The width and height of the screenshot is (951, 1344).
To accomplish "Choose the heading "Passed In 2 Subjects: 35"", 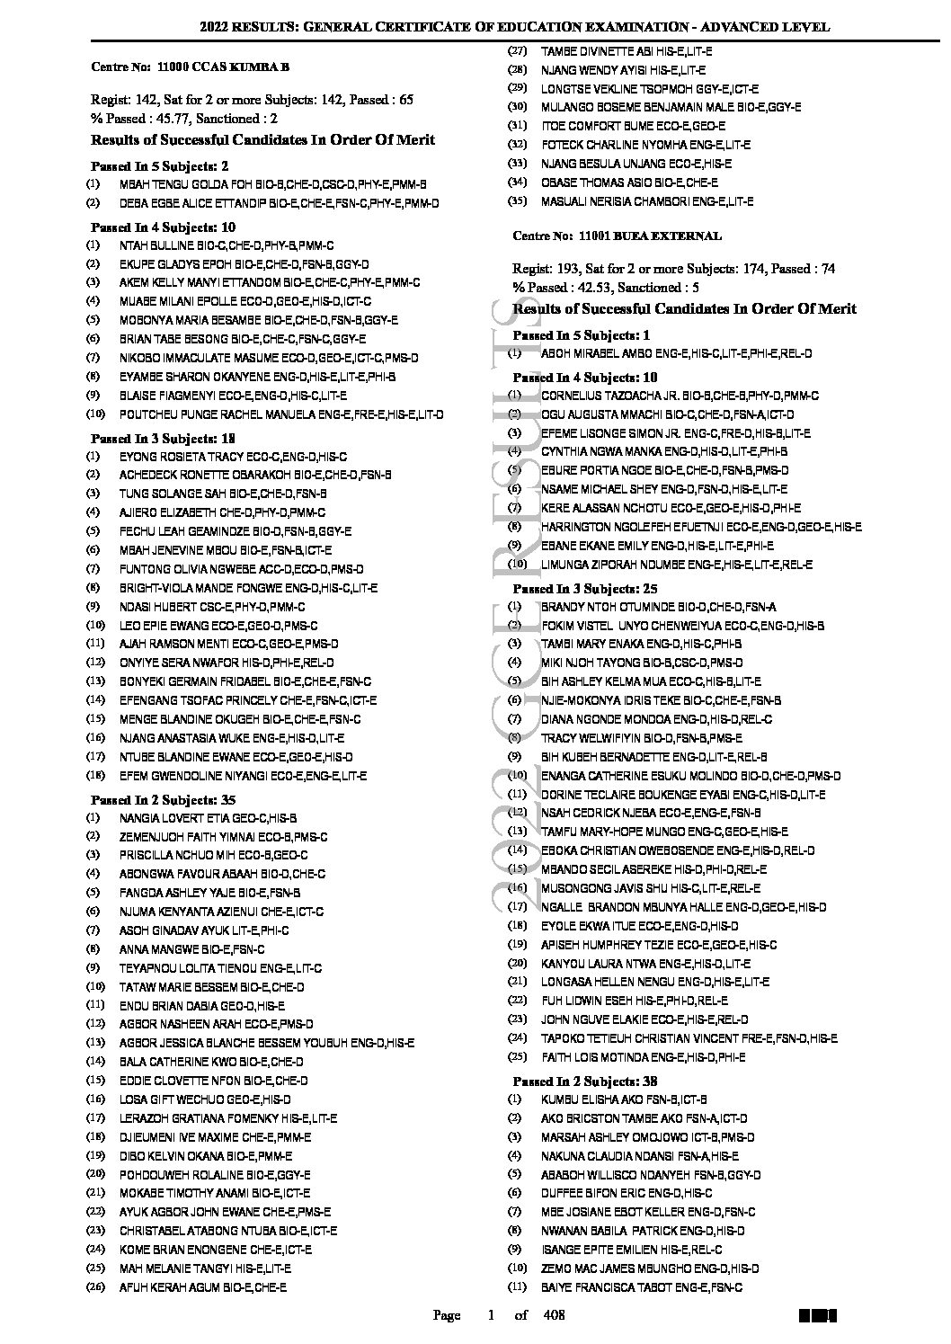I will (x=164, y=800).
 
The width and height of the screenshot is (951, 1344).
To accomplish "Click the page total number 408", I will (x=555, y=1316).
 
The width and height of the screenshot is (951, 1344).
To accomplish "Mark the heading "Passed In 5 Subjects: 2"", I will (x=160, y=166).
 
